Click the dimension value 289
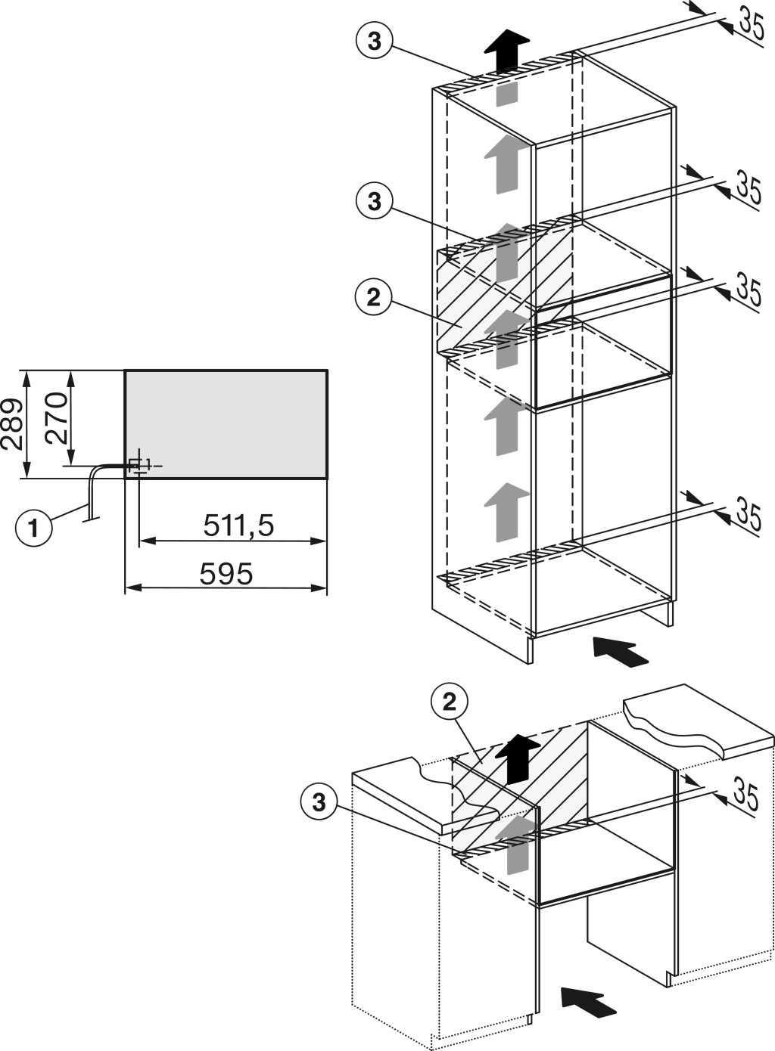coord(12,424)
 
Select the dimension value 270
coord(56,419)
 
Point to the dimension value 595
coord(226,573)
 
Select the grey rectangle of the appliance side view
coord(226,424)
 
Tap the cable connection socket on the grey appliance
coord(137,465)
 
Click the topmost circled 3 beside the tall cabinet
coord(374,42)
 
